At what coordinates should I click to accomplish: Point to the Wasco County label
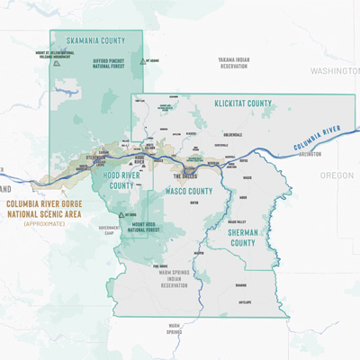pyautogui.click(x=188, y=191)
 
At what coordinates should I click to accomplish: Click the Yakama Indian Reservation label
pyautogui.click(x=232, y=63)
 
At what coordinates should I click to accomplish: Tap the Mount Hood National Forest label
pyautogui.click(x=149, y=229)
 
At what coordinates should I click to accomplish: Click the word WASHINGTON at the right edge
pyautogui.click(x=334, y=70)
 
